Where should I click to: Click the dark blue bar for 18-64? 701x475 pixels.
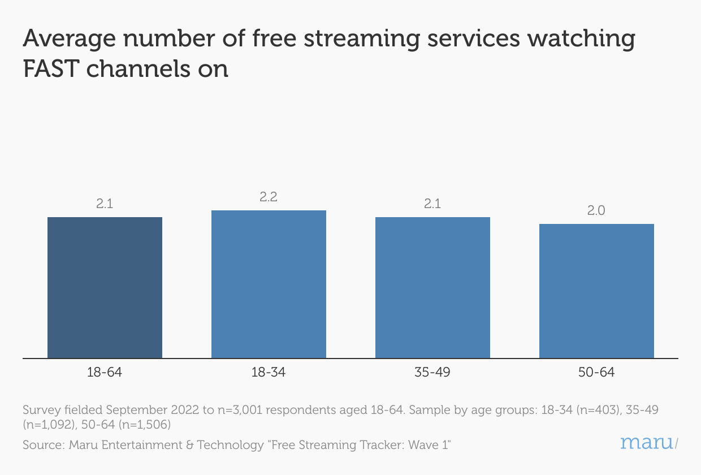click(x=105, y=287)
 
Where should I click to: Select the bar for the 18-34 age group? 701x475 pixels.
click(x=269, y=284)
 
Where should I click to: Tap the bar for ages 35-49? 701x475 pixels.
click(x=432, y=287)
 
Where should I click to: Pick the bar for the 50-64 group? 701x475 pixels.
click(x=596, y=291)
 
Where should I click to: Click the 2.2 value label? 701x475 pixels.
click(x=269, y=197)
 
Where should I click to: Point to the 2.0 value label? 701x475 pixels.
click(x=596, y=211)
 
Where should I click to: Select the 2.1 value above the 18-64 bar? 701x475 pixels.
click(x=105, y=204)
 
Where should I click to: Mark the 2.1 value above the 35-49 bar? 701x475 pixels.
click(x=432, y=204)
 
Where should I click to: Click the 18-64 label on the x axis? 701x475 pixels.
click(x=105, y=373)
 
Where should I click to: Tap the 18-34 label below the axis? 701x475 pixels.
click(x=269, y=373)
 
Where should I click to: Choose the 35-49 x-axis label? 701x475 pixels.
click(x=432, y=373)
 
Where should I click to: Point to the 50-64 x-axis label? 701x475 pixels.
click(x=596, y=373)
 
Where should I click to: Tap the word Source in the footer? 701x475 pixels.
click(x=42, y=445)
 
